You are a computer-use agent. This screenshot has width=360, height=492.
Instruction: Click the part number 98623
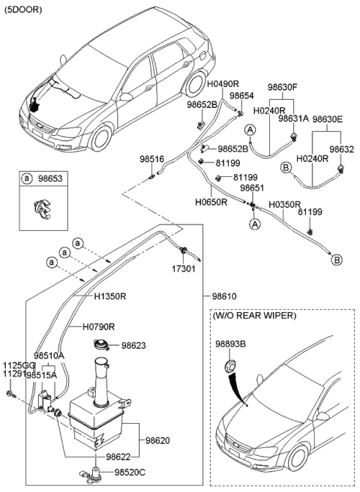(x=133, y=346)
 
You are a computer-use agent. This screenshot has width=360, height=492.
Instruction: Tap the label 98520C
(x=130, y=472)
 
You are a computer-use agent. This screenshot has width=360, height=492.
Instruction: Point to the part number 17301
(x=183, y=268)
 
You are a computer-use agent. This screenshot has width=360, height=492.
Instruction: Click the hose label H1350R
(x=110, y=296)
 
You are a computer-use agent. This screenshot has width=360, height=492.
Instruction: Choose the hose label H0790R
(x=98, y=327)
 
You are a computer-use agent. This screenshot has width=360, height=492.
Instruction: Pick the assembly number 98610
(x=224, y=296)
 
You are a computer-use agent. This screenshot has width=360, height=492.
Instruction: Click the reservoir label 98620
(x=157, y=440)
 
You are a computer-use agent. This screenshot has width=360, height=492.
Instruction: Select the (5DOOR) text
(x=23, y=10)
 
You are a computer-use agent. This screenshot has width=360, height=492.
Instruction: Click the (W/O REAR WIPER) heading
(x=254, y=315)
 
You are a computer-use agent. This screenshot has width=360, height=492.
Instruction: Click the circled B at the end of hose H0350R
(x=337, y=259)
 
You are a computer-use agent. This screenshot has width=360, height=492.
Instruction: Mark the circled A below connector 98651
(x=255, y=224)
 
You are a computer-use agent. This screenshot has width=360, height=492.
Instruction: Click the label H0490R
(x=223, y=84)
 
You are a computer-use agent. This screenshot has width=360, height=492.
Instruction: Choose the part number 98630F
(x=283, y=87)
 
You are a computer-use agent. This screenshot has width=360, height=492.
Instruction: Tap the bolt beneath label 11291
(x=10, y=394)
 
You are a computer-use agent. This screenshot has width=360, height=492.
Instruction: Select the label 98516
(x=152, y=160)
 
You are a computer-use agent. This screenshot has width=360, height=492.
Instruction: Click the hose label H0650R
(x=211, y=202)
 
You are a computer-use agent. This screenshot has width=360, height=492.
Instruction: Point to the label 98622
(x=118, y=457)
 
